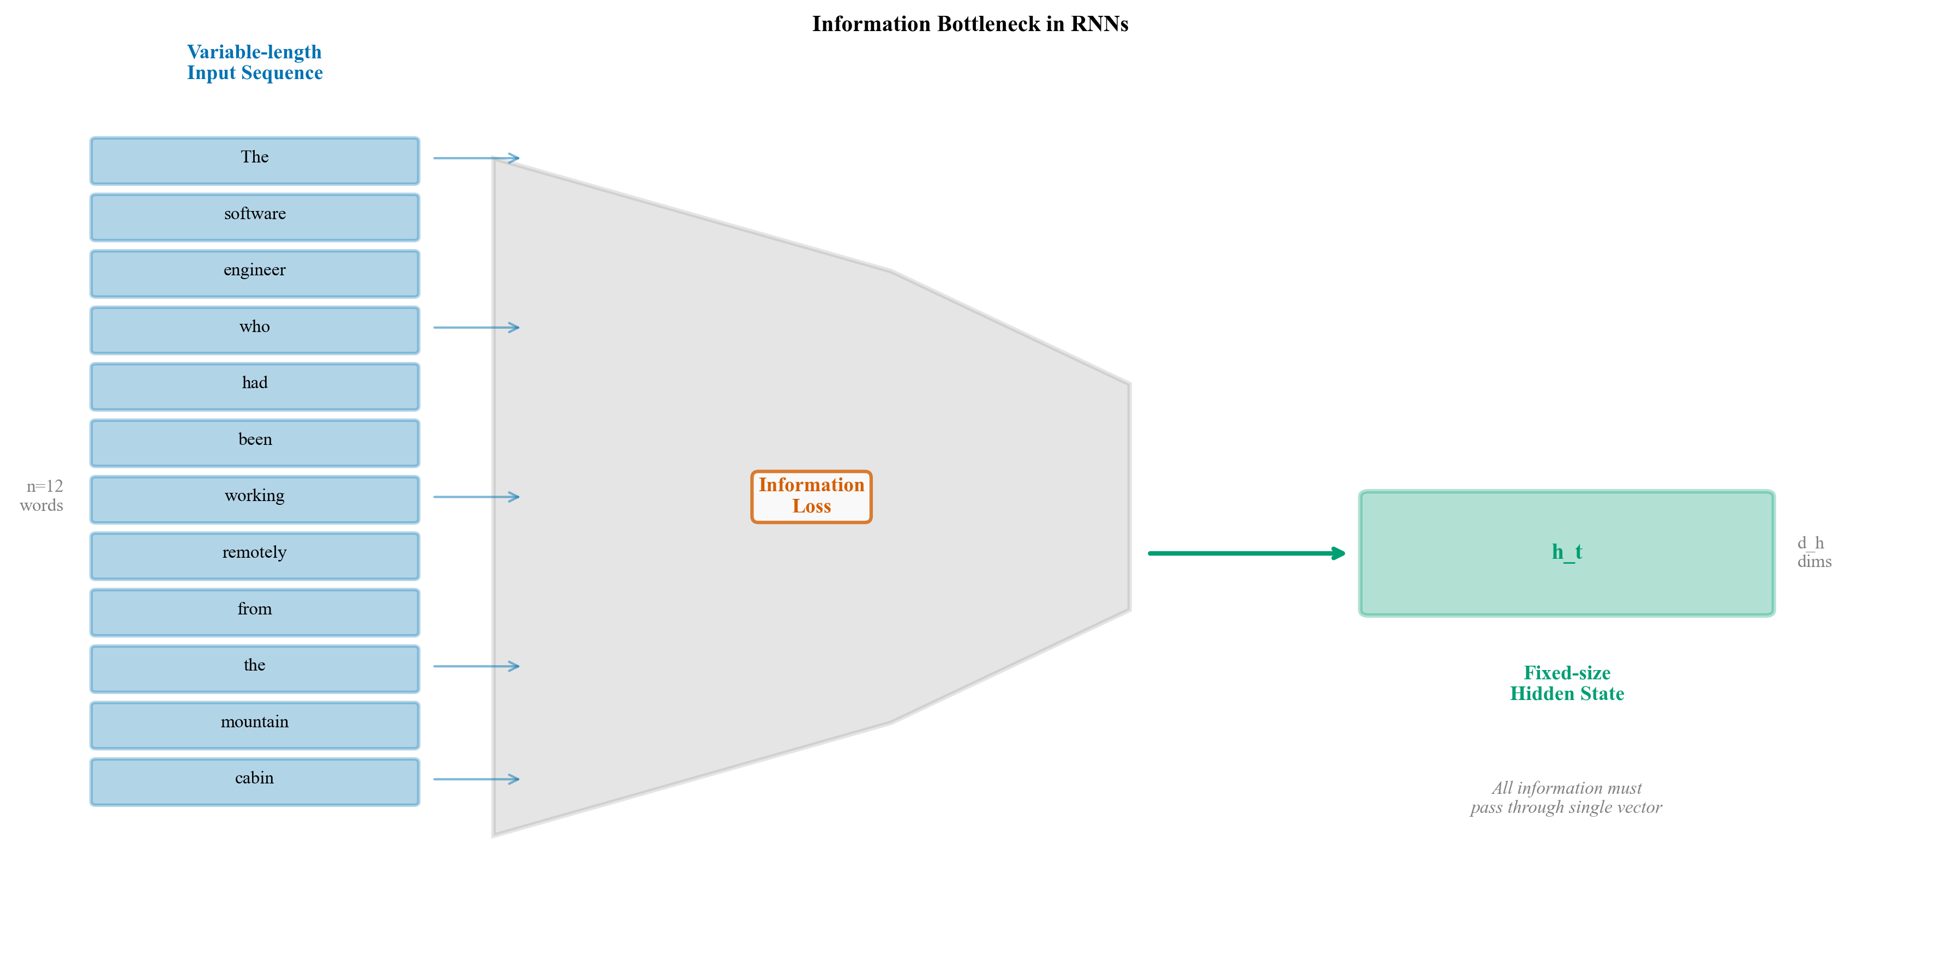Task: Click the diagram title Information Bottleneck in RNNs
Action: click(x=970, y=24)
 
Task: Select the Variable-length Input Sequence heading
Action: click(x=255, y=63)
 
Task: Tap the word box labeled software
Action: click(x=255, y=217)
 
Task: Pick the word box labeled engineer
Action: click(x=255, y=274)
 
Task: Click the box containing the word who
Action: click(x=255, y=330)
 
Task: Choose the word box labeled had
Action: click(x=255, y=387)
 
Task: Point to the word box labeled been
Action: click(x=255, y=443)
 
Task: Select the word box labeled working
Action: click(x=255, y=499)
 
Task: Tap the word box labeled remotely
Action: click(x=255, y=556)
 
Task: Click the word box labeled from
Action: click(x=255, y=612)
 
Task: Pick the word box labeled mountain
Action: click(x=255, y=726)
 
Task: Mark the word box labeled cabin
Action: click(x=255, y=782)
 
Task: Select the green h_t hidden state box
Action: click(x=1567, y=554)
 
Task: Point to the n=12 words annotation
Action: click(x=43, y=496)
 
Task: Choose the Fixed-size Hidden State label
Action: click(x=1567, y=683)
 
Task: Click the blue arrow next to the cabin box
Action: click(x=476, y=779)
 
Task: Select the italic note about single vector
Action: click(x=1566, y=798)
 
